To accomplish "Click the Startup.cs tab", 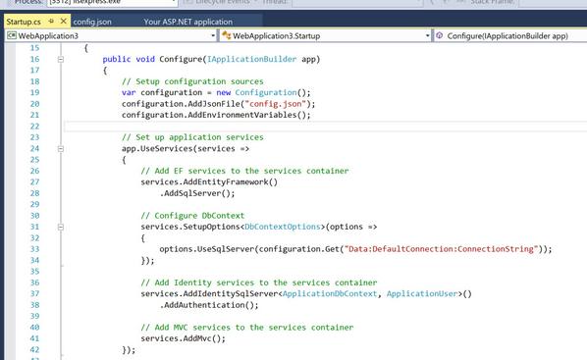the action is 24,20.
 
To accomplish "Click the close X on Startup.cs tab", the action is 64,20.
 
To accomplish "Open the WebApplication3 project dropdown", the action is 108,36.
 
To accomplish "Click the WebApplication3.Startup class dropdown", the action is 324,36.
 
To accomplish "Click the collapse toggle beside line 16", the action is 61,59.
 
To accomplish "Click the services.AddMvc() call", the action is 184,338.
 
